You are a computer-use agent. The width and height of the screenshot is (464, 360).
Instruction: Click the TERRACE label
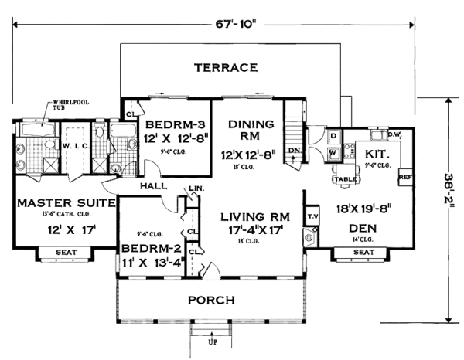click(225, 67)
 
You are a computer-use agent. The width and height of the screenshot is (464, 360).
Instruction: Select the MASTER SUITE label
click(66, 203)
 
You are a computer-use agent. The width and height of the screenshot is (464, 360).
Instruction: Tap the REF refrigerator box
click(404, 177)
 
